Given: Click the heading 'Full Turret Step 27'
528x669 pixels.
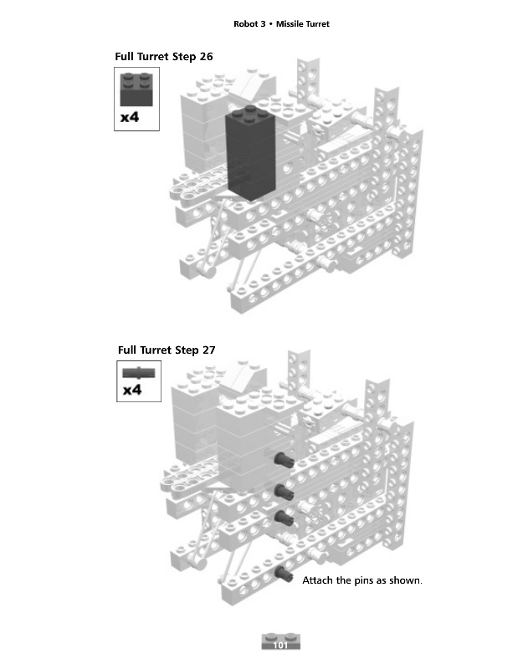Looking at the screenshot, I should click(x=167, y=350).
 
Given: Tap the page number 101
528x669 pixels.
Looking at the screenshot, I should click(x=280, y=646).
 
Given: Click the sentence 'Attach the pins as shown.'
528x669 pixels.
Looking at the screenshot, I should click(x=361, y=580).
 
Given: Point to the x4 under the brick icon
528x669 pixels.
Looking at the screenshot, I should click(x=129, y=117).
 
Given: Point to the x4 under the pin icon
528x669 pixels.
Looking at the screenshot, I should click(x=131, y=390).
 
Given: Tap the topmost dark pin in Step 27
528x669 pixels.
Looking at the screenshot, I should click(x=284, y=457).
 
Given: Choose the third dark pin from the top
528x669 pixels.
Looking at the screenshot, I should click(x=284, y=515).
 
